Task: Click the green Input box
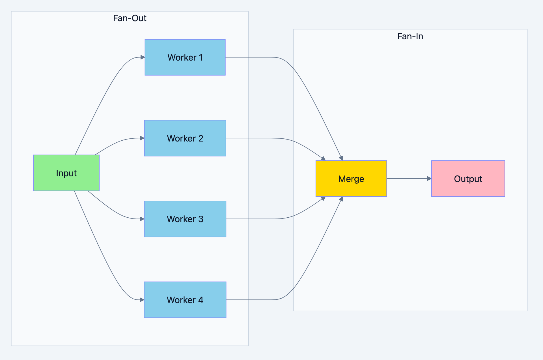coord(66,173)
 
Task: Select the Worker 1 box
coord(185,57)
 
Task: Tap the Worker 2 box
coord(185,138)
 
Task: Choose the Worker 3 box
coord(185,219)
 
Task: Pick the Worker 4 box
coord(185,300)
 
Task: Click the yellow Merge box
coord(351,179)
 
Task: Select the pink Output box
coord(468,179)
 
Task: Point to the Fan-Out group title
coord(130,18)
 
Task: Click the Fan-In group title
coord(410,36)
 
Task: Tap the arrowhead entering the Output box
coord(429,179)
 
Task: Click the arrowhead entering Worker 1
coord(143,57)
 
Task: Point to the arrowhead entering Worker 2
coord(142,138)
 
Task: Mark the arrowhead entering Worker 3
coord(142,219)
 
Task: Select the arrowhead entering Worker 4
coord(142,300)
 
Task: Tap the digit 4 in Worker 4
coord(201,300)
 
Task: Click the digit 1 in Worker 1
coord(201,57)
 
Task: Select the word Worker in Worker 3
coord(181,219)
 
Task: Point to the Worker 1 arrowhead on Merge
coord(341,158)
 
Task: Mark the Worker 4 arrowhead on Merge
coord(341,199)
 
